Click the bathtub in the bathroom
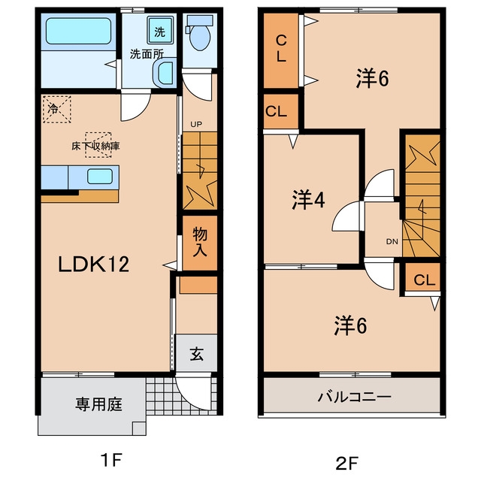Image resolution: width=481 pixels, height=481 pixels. pyautogui.click(x=78, y=31)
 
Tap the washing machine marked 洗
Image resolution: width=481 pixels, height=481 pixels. pyautogui.click(x=160, y=30)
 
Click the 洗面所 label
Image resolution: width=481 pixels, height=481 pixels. pyautogui.click(x=147, y=54)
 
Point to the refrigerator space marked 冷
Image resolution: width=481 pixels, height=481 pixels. pyautogui.click(x=57, y=110)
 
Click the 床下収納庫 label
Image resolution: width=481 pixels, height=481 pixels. pyautogui.click(x=95, y=146)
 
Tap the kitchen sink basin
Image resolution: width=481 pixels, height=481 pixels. pyautogui.click(x=100, y=177)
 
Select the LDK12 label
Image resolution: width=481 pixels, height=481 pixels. pyautogui.click(x=93, y=264)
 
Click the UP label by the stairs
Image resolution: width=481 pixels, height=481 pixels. pyautogui.click(x=196, y=125)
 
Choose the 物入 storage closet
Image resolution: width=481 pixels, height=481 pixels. pyautogui.click(x=200, y=243)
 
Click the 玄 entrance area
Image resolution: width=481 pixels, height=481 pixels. pyautogui.click(x=196, y=353)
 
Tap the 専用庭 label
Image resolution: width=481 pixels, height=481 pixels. pyautogui.click(x=98, y=404)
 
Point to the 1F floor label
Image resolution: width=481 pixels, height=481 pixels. pyautogui.click(x=111, y=461)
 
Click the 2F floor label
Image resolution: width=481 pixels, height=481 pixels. pyautogui.click(x=347, y=463)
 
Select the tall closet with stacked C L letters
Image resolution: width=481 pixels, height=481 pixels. pyautogui.click(x=281, y=50)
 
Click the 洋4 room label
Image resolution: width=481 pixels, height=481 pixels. pyautogui.click(x=308, y=200)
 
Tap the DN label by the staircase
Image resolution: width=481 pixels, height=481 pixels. pyautogui.click(x=392, y=242)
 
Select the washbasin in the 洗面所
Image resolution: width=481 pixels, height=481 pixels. pyautogui.click(x=165, y=73)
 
